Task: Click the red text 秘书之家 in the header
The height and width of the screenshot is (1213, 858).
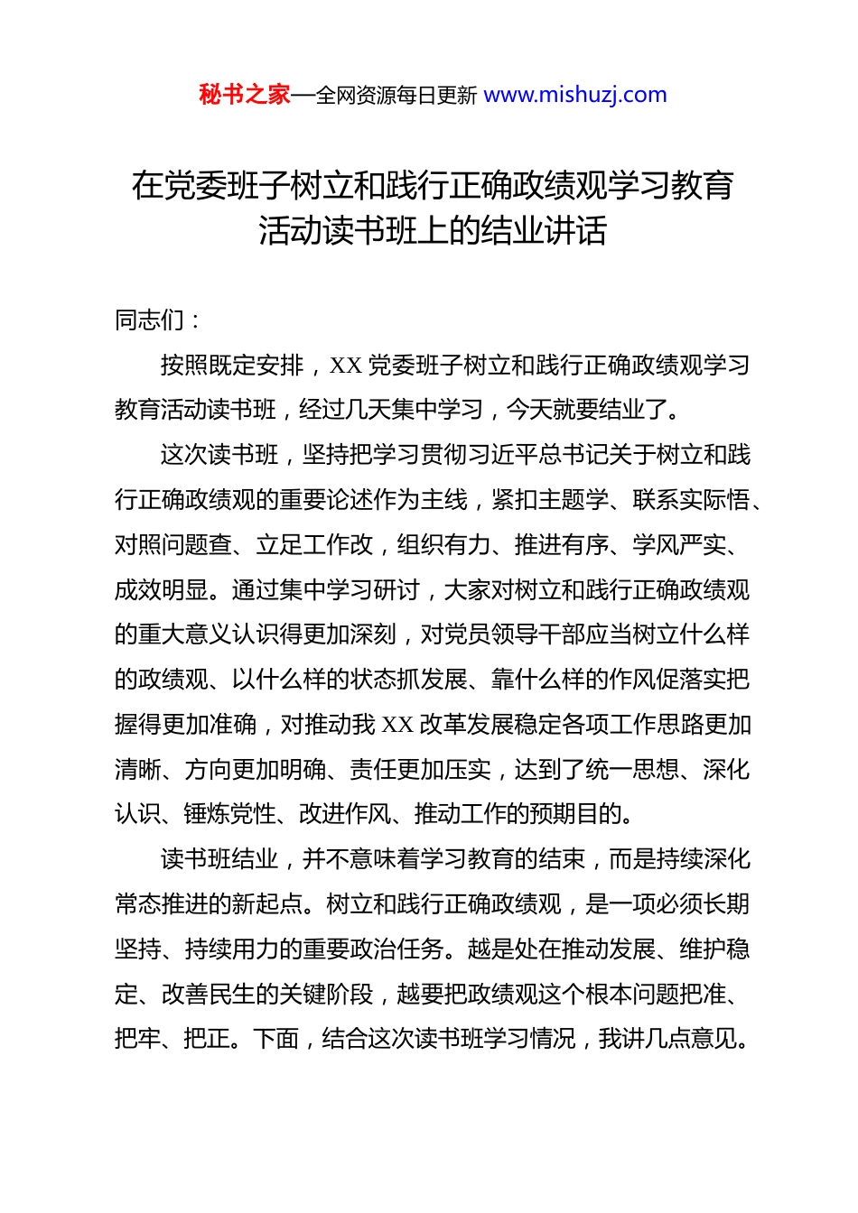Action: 245,95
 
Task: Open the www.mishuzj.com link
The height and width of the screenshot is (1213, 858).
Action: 575,95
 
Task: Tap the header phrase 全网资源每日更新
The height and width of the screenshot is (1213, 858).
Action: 396,96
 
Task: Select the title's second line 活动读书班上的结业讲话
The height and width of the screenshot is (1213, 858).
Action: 433,231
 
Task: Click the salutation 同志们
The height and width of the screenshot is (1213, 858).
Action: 150,319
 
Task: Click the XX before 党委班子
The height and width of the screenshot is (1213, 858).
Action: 346,366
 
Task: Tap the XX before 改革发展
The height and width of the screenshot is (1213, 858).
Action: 398,725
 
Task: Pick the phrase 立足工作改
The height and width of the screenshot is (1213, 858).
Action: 314,545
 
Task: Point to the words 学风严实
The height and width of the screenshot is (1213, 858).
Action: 678,545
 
